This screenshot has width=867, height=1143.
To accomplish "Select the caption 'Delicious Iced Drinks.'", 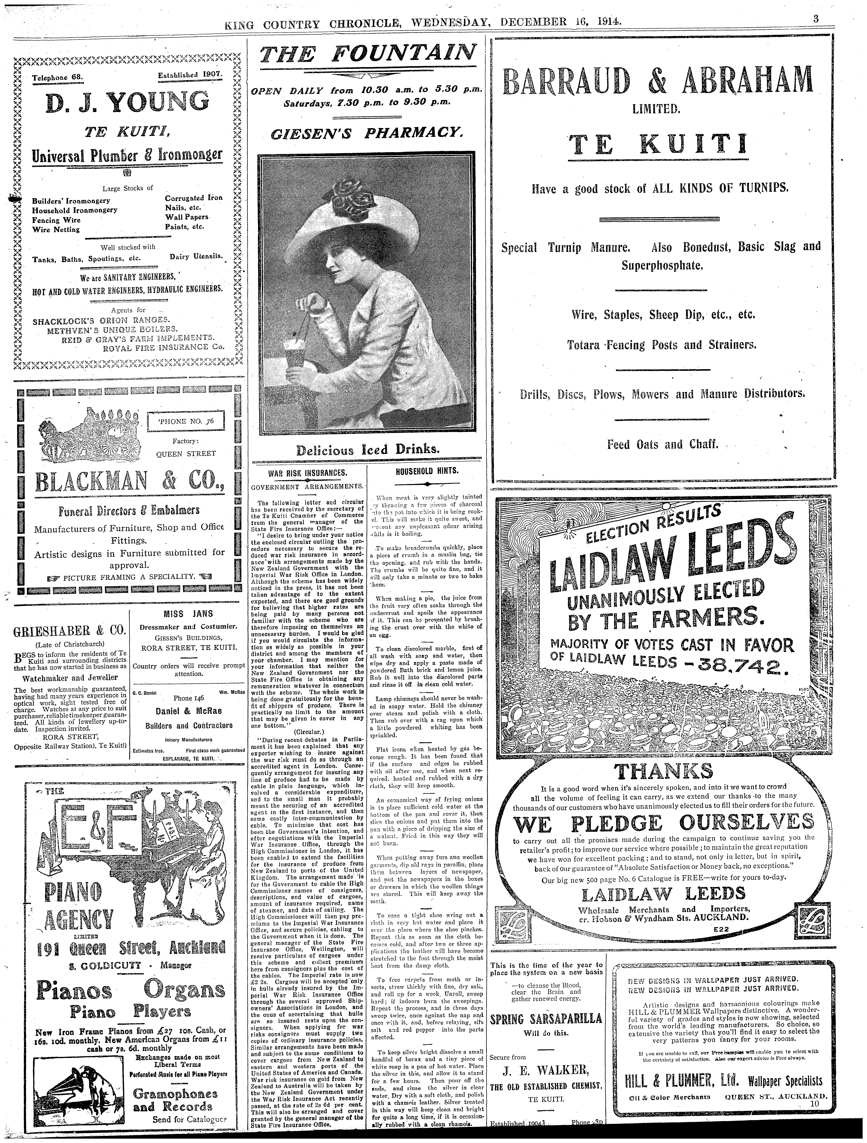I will [x=368, y=449].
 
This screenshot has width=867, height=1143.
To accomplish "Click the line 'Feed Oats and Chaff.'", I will [x=662, y=444].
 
